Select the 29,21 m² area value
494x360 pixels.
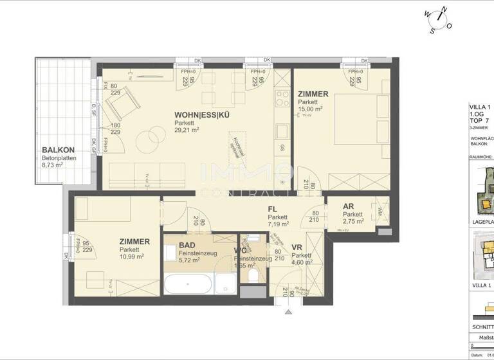click(x=187, y=130)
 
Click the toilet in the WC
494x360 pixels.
click(x=255, y=274)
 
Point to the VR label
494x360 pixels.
click(x=297, y=247)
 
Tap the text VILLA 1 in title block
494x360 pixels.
click(x=481, y=107)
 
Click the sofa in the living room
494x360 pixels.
click(x=135, y=174)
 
